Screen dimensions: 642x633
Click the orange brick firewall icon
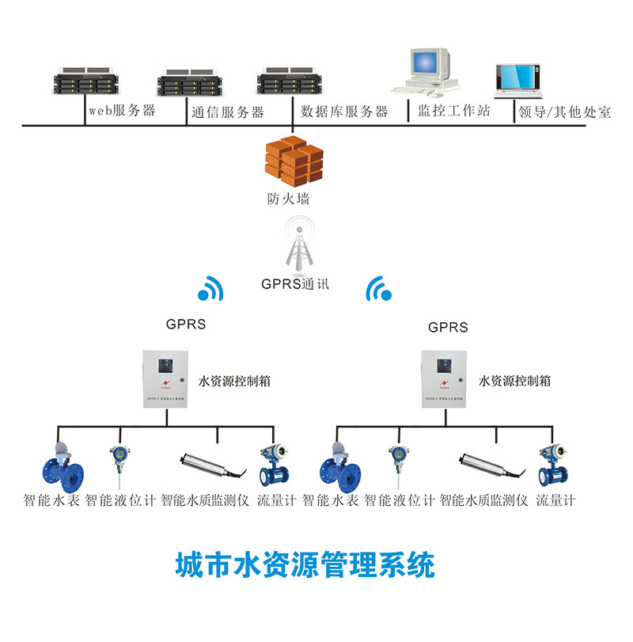[x=294, y=159]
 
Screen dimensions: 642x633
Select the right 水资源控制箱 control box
[x=445, y=379]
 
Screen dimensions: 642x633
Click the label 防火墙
[x=288, y=199]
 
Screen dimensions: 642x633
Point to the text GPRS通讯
[x=294, y=283]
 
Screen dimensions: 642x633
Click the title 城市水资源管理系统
[x=305, y=565]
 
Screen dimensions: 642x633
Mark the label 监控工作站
[x=454, y=112]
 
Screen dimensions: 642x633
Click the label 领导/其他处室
[x=564, y=112]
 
